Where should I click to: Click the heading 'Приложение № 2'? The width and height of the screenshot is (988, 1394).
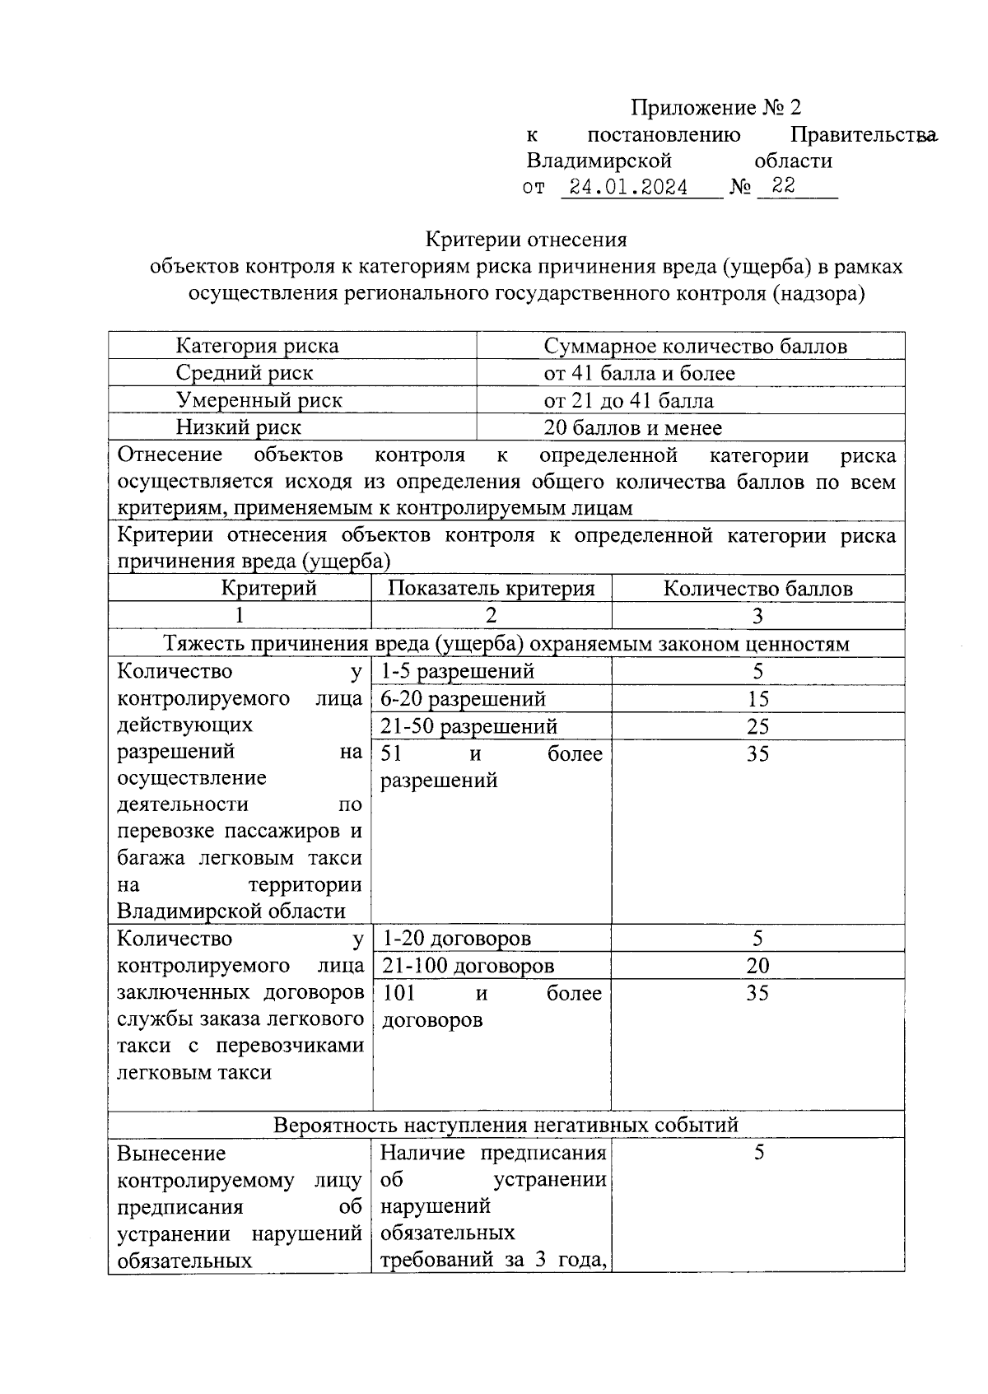pyautogui.click(x=715, y=108)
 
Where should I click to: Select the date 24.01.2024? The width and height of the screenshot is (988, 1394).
pyautogui.click(x=629, y=188)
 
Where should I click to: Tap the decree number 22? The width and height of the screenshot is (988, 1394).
pyautogui.click(x=784, y=186)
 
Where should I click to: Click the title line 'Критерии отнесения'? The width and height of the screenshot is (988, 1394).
pyautogui.click(x=526, y=240)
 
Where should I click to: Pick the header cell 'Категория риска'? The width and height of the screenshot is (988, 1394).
pyautogui.click(x=257, y=347)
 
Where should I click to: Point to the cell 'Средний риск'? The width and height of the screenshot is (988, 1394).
pyautogui.click(x=245, y=373)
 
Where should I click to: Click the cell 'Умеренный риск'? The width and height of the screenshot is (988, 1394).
pyautogui.click(x=259, y=401)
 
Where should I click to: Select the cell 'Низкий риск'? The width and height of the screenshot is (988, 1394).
pyautogui.click(x=239, y=428)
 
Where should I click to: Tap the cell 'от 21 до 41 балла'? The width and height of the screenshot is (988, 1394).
pyautogui.click(x=628, y=401)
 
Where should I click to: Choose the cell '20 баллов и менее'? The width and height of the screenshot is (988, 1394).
pyautogui.click(x=632, y=428)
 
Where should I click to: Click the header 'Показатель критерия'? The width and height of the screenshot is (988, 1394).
pyautogui.click(x=491, y=589)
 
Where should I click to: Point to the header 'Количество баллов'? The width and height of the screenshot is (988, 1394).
pyautogui.click(x=757, y=589)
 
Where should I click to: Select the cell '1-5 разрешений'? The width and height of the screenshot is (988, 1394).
pyautogui.click(x=458, y=672)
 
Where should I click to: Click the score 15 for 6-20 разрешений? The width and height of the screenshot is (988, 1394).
pyautogui.click(x=757, y=699)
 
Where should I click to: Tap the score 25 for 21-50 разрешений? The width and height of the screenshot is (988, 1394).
pyautogui.click(x=757, y=726)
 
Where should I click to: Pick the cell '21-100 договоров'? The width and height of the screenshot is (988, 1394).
pyautogui.click(x=468, y=966)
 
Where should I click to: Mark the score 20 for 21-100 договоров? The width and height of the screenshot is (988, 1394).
pyautogui.click(x=757, y=966)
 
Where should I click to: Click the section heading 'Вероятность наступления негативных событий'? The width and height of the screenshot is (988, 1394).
pyautogui.click(x=506, y=1126)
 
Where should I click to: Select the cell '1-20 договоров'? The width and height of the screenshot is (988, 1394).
pyautogui.click(x=457, y=939)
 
